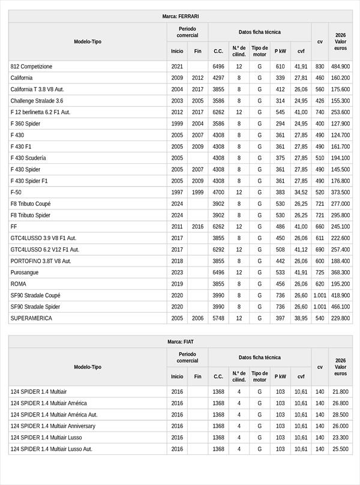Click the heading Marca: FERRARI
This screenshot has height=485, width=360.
click(180, 16)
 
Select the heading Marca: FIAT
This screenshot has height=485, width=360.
click(180, 342)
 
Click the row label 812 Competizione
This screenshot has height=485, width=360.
click(31, 67)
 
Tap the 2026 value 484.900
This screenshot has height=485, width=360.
click(340, 67)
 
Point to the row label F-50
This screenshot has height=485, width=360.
click(16, 192)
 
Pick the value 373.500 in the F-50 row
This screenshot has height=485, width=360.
click(340, 192)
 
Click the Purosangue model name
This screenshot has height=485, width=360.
click(25, 273)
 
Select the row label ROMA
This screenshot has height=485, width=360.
click(19, 284)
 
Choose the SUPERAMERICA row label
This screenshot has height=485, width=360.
click(31, 318)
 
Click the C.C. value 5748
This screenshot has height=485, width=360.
click(218, 318)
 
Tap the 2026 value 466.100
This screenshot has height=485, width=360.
click(340, 307)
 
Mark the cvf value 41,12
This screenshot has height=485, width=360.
click(301, 250)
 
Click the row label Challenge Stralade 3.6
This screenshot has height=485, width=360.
click(37, 101)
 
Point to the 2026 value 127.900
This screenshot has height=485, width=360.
click(340, 124)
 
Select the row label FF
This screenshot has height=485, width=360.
click(14, 227)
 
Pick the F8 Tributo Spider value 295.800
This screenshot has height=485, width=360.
click(340, 215)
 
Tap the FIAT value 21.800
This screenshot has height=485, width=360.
click(340, 392)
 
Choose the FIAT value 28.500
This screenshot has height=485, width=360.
click(340, 415)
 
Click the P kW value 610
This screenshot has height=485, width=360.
click(280, 67)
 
